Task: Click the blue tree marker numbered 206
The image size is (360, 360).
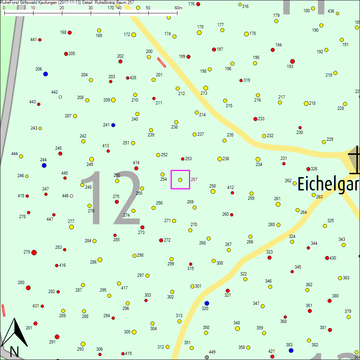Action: pyautogui.click(x=45, y=74)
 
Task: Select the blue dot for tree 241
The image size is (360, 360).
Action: pyautogui.click(x=113, y=125)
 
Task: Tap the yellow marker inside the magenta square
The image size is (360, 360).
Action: pyautogui.click(x=180, y=180)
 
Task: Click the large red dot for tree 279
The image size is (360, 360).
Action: pyautogui.click(x=34, y=252)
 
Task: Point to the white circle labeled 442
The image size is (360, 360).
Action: pyautogui.click(x=60, y=97)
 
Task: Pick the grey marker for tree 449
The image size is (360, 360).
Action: pyautogui.click(x=207, y=357)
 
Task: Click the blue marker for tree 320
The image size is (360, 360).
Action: pyautogui.click(x=206, y=303)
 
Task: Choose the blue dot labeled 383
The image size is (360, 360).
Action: pyautogui.click(x=291, y=350)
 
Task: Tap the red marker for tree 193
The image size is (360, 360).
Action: pyautogui.click(x=292, y=61)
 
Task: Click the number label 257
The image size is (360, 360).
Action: pyautogui.click(x=194, y=179)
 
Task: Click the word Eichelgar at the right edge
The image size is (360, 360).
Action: pyautogui.click(x=328, y=184)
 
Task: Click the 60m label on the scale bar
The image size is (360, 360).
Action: pyautogui.click(x=178, y=8)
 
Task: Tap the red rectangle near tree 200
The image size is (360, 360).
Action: pyautogui.click(x=162, y=62)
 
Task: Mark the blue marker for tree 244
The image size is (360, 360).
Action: pyautogui.click(x=44, y=165)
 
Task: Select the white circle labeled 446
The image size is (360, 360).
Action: pyautogui.click(x=72, y=196)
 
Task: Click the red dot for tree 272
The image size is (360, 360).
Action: pyautogui.click(x=161, y=240)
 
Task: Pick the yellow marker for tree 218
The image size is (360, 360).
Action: pyautogui.click(x=306, y=103)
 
